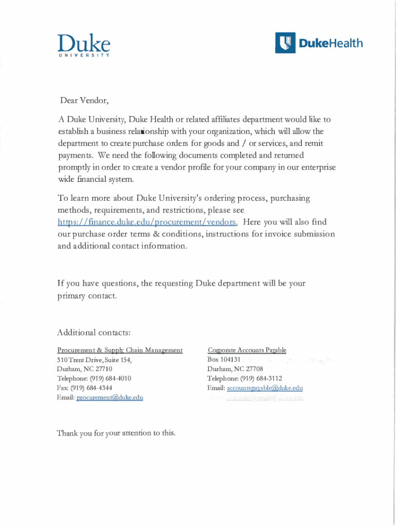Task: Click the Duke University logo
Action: [83, 44]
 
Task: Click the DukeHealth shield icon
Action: [285, 43]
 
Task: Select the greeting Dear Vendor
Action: [82, 100]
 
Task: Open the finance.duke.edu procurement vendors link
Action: [147, 222]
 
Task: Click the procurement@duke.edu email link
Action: [110, 398]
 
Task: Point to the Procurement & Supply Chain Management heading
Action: [119, 350]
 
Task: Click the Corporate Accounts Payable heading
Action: [247, 350]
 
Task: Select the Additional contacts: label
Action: [91, 333]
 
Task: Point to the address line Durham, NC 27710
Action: [84, 369]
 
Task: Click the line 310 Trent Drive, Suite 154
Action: [94, 360]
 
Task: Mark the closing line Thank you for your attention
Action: [116, 433]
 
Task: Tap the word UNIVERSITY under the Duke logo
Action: [83, 55]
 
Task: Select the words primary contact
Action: [87, 296]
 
